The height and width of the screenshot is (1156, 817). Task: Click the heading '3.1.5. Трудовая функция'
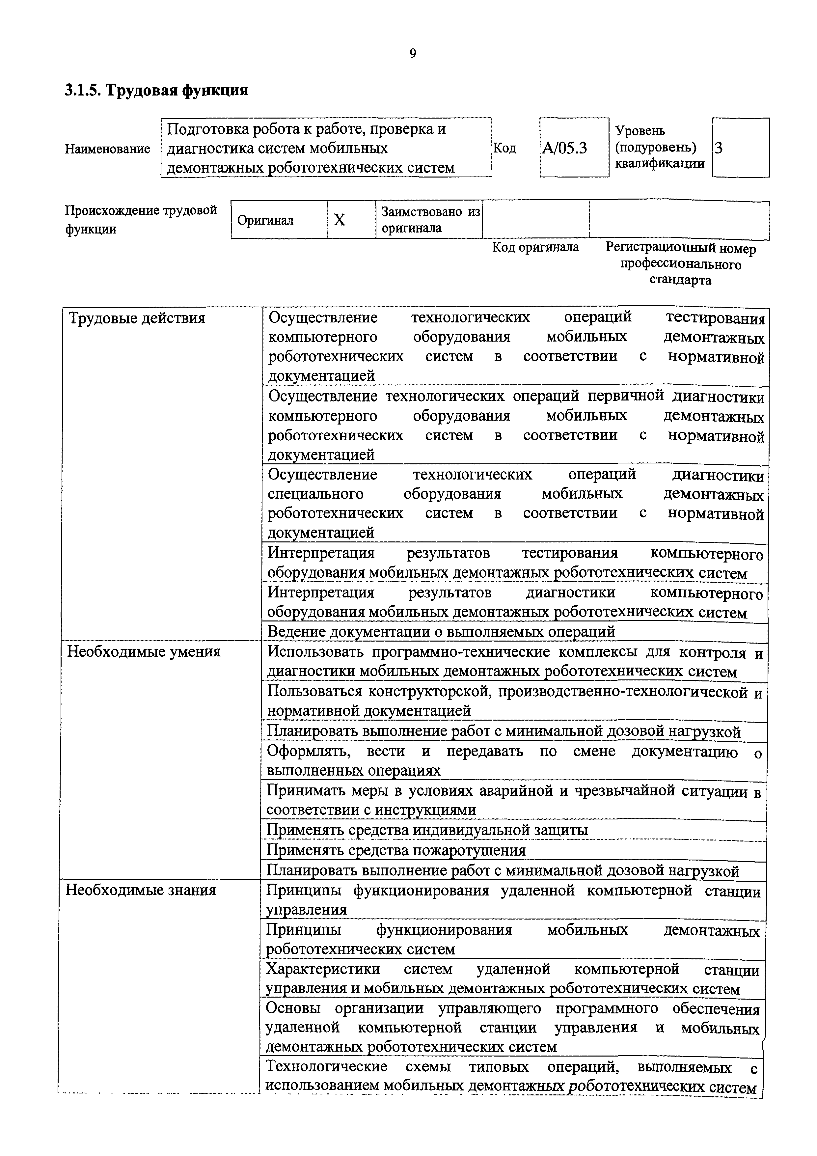click(156, 91)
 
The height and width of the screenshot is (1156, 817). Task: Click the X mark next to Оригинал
click(340, 220)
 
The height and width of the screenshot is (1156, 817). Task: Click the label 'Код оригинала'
click(535, 247)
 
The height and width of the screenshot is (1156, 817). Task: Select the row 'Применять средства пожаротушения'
click(396, 850)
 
